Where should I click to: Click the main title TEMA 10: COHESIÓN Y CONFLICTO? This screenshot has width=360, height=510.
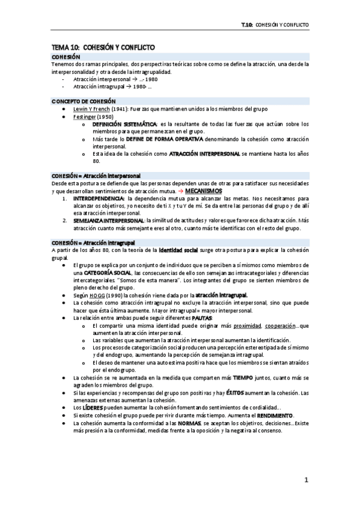point(103,47)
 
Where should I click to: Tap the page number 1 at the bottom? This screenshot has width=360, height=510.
point(306,480)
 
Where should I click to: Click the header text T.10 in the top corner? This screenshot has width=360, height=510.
point(245,25)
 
